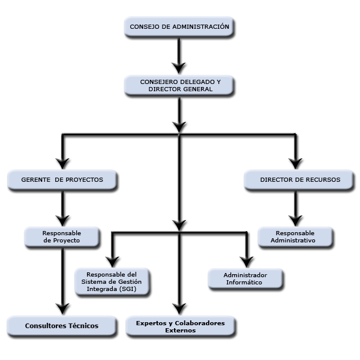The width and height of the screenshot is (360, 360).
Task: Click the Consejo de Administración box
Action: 179,26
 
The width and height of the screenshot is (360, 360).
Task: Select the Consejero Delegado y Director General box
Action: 179,85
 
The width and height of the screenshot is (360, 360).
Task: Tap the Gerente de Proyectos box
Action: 62,180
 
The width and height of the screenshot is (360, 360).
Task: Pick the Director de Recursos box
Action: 299,180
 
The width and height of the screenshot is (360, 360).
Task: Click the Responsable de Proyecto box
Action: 62,237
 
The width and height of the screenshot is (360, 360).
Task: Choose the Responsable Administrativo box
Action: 295,237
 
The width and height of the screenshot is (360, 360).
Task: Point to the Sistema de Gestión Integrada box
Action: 112,282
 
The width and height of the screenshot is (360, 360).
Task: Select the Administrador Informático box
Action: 245,278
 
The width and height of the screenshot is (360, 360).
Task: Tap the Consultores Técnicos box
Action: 62,326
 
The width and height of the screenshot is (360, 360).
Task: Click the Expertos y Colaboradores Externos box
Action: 181,326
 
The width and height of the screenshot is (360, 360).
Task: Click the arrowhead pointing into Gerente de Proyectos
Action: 62,163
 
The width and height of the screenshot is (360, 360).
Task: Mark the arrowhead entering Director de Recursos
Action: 295,163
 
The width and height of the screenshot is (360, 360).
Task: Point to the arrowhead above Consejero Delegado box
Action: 179,68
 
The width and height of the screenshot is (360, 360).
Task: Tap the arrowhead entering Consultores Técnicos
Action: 62,309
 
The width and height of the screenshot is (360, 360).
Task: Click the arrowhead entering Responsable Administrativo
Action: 295,221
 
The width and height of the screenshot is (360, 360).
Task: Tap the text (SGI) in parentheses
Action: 128,289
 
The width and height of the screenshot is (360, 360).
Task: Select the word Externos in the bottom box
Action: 181,331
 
